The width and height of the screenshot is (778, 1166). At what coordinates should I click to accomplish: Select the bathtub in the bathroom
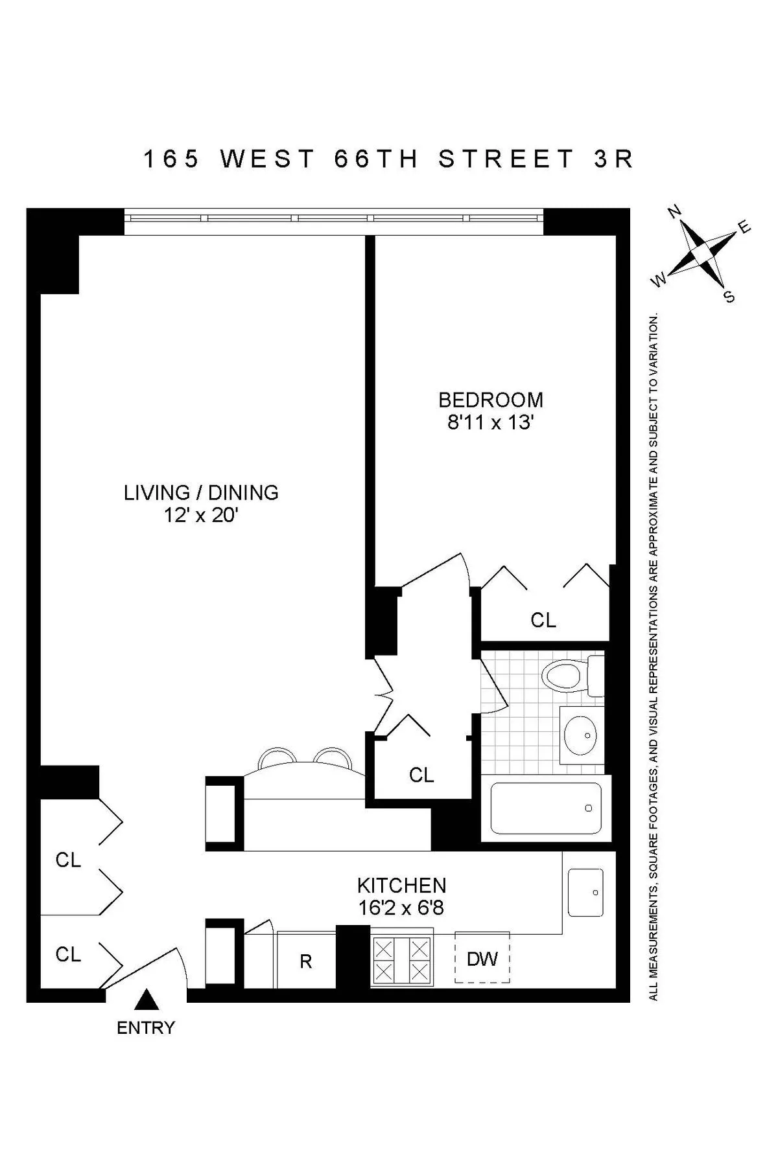click(x=546, y=808)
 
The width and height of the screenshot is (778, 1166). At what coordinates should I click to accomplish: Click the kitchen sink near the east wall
click(x=585, y=892)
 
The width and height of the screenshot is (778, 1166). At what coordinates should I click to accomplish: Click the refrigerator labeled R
click(x=305, y=961)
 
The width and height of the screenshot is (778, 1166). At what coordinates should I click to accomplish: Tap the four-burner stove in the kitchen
click(x=401, y=959)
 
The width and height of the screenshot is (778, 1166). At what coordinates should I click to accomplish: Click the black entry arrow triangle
click(x=147, y=1000)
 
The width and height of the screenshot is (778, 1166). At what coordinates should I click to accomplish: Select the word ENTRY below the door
click(x=146, y=1027)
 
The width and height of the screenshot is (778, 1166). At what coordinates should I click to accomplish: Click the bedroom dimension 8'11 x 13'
click(x=490, y=423)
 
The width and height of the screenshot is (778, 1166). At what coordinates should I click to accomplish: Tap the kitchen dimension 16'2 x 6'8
click(x=401, y=908)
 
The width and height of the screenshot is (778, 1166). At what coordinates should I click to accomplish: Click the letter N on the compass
click(x=674, y=211)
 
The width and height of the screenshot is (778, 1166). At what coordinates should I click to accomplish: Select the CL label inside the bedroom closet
click(x=543, y=620)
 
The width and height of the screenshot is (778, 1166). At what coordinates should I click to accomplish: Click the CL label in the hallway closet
click(x=421, y=775)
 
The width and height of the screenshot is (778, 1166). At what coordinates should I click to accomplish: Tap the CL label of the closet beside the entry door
click(x=68, y=954)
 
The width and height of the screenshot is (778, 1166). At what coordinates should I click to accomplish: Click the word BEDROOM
click(x=490, y=400)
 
